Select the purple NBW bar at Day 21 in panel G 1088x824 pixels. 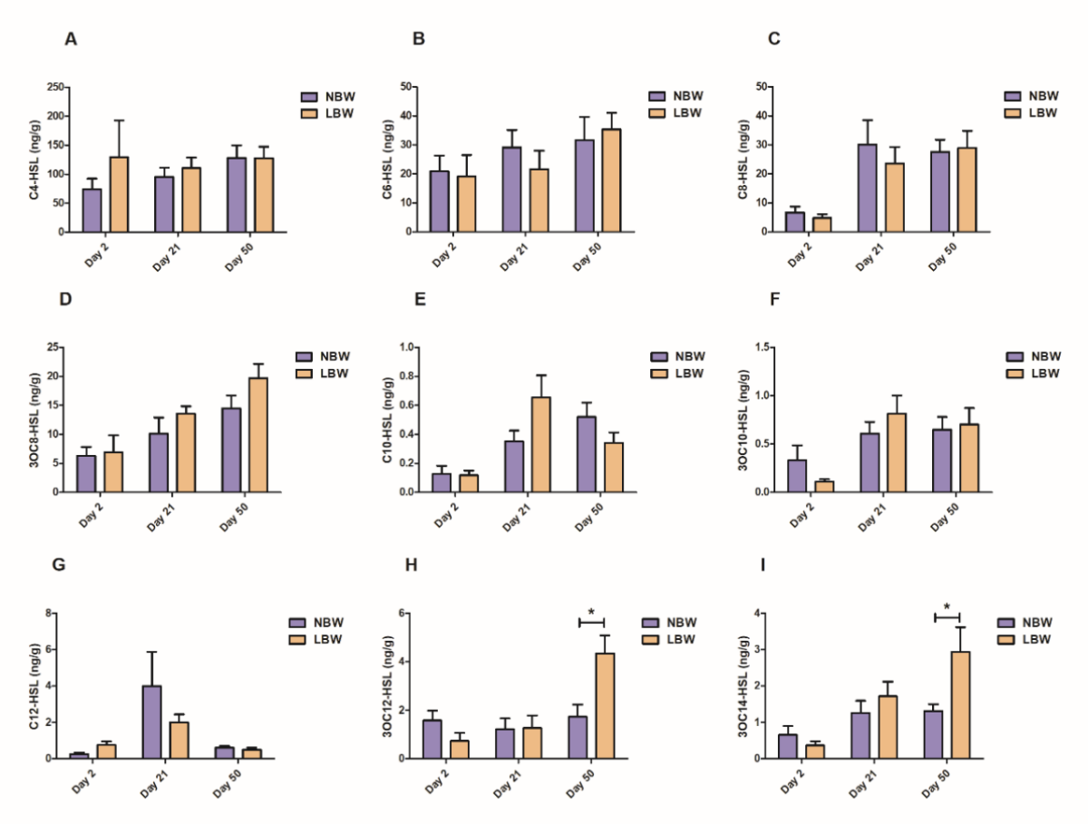point(151,722)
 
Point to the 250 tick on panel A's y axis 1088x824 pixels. point(54,87)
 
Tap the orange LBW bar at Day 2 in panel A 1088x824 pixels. point(120,194)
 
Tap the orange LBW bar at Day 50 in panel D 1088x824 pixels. point(258,435)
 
